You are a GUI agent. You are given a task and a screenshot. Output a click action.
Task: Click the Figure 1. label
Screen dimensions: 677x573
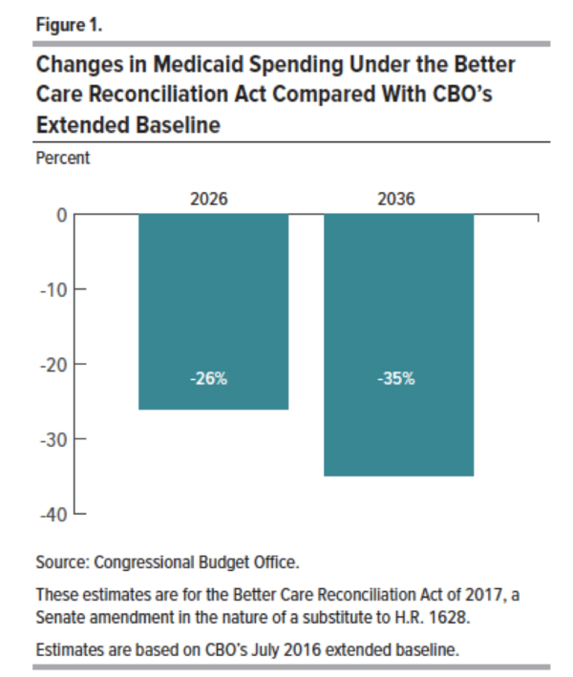(x=67, y=23)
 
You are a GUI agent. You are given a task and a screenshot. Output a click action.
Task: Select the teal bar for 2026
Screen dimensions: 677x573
(x=214, y=311)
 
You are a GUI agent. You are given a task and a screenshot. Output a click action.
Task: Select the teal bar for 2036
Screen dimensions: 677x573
(x=398, y=345)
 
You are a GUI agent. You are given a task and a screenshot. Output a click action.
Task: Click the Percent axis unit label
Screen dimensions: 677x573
(x=62, y=159)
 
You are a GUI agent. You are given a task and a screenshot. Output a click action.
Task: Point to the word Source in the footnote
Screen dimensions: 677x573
(x=59, y=561)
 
